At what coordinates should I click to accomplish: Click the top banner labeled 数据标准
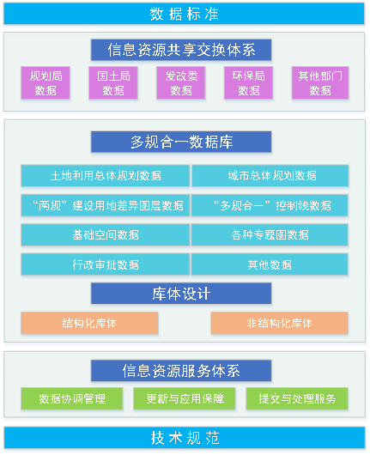[184, 14]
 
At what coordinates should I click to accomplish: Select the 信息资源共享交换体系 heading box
[181, 50]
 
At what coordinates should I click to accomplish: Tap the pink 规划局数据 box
[45, 83]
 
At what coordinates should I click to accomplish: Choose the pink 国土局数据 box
[113, 83]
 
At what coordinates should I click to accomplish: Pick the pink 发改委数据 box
[181, 83]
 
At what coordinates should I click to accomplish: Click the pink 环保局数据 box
[248, 83]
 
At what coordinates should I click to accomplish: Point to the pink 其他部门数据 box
[320, 83]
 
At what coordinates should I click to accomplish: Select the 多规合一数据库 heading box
[181, 142]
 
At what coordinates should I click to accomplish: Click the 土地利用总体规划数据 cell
[106, 176]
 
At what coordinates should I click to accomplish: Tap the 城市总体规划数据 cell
[270, 176]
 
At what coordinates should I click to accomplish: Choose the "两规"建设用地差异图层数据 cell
[106, 205]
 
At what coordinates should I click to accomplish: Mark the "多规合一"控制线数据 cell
[270, 205]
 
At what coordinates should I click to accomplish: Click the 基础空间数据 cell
[106, 234]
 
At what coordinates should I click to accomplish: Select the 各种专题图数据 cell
[270, 234]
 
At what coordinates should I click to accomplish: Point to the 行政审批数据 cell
[106, 264]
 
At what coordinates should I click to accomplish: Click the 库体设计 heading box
[181, 294]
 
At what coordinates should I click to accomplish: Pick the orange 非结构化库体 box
[280, 323]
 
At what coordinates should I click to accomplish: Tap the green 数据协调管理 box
[72, 398]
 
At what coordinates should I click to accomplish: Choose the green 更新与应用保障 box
[185, 398]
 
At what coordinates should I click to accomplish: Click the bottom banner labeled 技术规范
[185, 438]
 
